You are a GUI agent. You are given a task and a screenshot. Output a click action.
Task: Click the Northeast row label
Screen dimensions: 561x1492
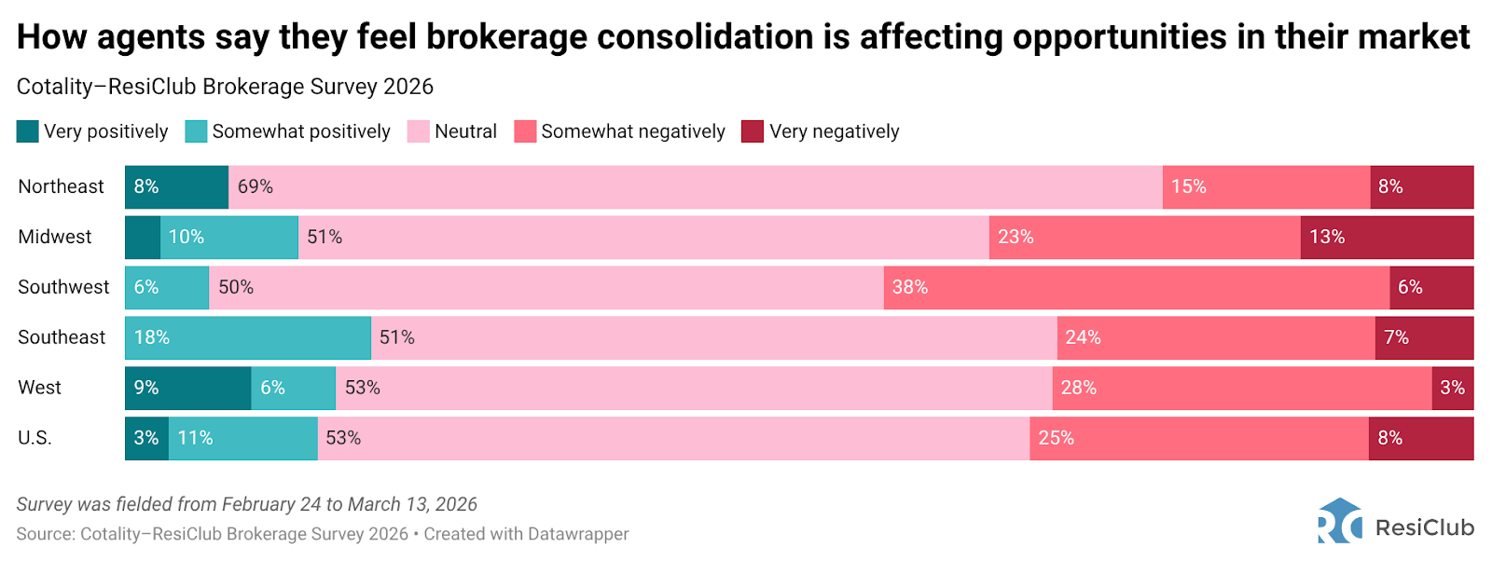pyautogui.click(x=61, y=186)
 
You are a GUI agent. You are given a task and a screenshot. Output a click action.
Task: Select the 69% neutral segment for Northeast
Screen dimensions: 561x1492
pyautogui.click(x=695, y=187)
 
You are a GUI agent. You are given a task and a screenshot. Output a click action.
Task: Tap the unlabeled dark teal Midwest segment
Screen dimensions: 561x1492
pyautogui.click(x=143, y=238)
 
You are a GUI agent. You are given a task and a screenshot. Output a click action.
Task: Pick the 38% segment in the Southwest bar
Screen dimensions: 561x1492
pyautogui.click(x=1136, y=288)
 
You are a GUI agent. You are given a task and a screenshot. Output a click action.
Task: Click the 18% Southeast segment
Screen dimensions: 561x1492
pyautogui.click(x=248, y=337)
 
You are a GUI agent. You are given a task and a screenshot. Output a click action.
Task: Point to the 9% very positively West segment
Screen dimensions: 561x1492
pyautogui.click(x=187, y=388)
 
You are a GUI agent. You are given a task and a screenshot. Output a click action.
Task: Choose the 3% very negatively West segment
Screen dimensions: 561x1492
pyautogui.click(x=1453, y=388)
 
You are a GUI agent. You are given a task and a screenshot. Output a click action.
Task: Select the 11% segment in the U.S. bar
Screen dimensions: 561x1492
pyautogui.click(x=242, y=438)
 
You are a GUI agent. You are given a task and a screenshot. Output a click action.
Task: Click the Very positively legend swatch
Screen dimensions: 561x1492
pyautogui.click(x=28, y=131)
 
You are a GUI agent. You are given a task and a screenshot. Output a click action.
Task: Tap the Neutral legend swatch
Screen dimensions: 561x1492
pyautogui.click(x=419, y=131)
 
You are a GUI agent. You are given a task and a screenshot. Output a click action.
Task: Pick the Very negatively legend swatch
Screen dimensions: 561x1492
pyautogui.click(x=753, y=131)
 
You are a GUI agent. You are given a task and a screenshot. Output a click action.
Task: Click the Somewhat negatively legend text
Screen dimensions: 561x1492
pyautogui.click(x=633, y=131)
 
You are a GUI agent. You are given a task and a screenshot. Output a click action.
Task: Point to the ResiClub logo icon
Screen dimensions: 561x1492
pyautogui.click(x=1340, y=521)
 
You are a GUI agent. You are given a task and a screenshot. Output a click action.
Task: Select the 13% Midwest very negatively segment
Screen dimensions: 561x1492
pyautogui.click(x=1387, y=238)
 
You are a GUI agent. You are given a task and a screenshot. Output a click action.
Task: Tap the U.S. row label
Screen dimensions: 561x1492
pyautogui.click(x=35, y=438)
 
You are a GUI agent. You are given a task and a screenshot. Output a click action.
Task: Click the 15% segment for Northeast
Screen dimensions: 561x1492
pyautogui.click(x=1265, y=187)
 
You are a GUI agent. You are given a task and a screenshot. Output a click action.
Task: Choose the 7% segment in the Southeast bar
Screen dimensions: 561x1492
pyautogui.click(x=1424, y=337)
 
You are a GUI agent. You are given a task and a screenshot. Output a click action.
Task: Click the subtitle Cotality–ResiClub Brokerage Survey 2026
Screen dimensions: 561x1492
pyautogui.click(x=225, y=87)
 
